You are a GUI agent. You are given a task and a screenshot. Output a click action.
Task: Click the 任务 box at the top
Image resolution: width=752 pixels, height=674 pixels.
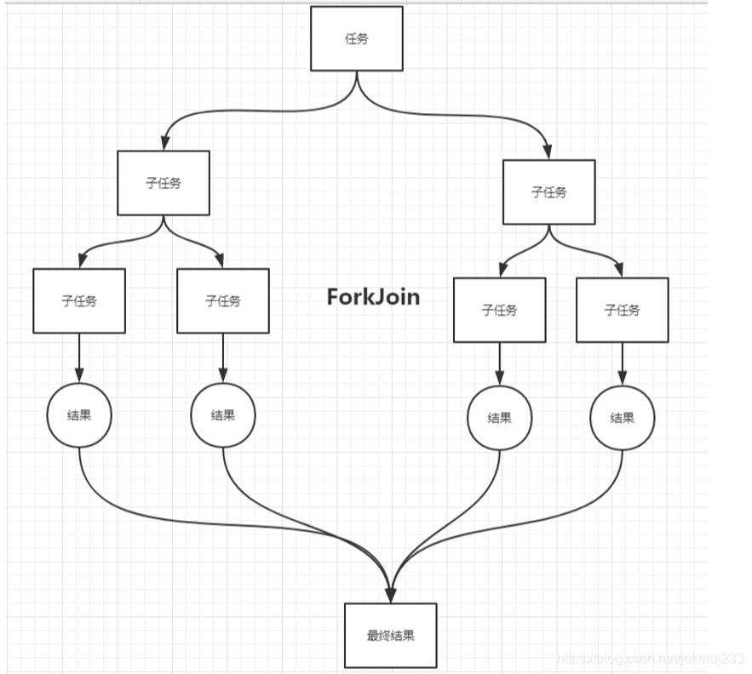[356, 39]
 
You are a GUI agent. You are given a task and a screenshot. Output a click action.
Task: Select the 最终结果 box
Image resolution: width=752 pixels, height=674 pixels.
[390, 635]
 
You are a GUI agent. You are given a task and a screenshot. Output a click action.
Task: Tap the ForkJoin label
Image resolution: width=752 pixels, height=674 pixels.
[373, 297]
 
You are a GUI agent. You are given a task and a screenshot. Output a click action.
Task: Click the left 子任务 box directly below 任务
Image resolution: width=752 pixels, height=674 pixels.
[164, 183]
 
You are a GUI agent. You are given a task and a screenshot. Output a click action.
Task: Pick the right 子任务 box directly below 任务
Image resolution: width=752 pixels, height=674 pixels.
[548, 192]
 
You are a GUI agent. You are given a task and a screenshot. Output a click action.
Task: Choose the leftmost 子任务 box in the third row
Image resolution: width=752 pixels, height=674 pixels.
[79, 300]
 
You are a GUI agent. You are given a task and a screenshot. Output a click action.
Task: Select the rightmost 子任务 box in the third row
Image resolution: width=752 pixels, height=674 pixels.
[622, 310]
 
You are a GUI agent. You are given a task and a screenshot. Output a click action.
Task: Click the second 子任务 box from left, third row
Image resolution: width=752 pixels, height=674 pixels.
[223, 300]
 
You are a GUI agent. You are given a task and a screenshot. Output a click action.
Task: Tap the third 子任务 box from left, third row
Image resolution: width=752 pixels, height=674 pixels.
[499, 310]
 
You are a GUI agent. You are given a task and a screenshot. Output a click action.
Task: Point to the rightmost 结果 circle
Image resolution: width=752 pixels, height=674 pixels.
[622, 418]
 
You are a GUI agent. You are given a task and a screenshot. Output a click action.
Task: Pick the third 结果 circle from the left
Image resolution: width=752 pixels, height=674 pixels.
[499, 418]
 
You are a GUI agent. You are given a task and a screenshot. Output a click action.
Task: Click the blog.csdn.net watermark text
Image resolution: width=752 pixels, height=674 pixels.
[648, 659]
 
